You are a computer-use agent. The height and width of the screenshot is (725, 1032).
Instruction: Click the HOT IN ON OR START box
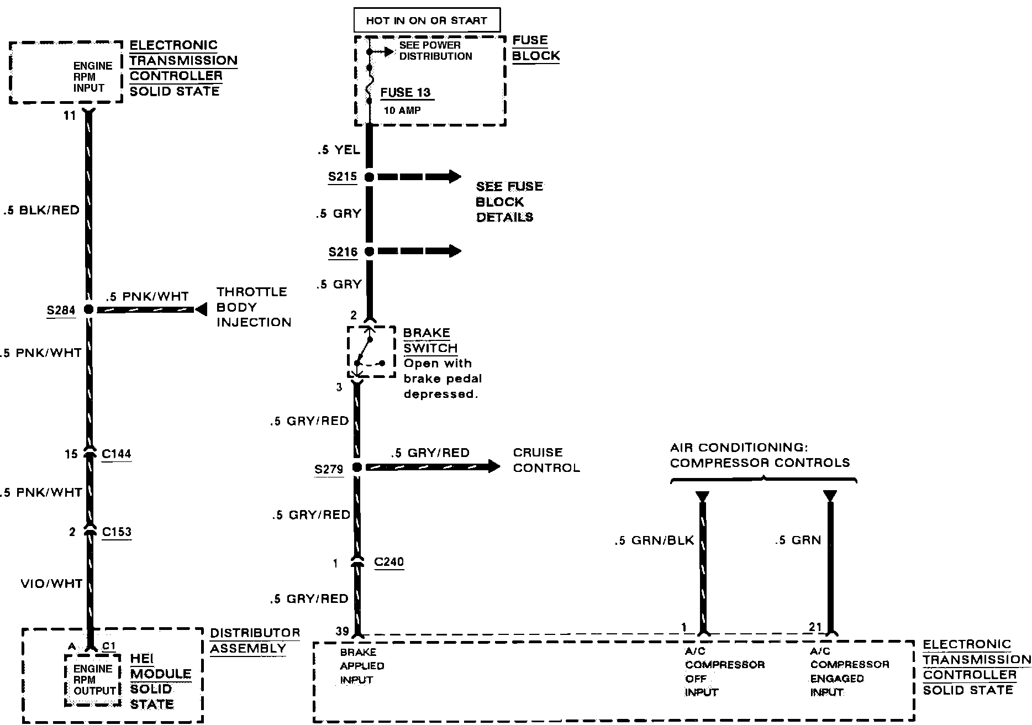[x=427, y=20]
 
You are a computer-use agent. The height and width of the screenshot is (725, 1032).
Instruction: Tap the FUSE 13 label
[x=406, y=92]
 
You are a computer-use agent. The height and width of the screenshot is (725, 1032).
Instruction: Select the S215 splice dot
[x=369, y=177]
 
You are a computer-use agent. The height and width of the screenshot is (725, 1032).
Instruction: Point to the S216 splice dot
[x=369, y=251]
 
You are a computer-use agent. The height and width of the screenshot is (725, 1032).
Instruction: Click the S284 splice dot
[x=88, y=309]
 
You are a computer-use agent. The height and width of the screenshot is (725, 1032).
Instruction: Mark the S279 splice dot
[x=357, y=467]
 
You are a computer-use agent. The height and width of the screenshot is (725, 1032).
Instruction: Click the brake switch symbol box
[x=371, y=352]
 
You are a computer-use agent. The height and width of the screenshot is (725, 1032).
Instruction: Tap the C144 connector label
[x=117, y=454]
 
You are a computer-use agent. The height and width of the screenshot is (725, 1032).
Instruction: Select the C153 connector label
[x=117, y=532]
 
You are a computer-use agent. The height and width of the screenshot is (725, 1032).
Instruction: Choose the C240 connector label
[x=389, y=562]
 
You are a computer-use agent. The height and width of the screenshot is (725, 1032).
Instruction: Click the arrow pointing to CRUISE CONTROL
[x=492, y=466]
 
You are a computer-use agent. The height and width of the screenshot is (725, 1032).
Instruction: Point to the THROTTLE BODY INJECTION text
[x=253, y=307]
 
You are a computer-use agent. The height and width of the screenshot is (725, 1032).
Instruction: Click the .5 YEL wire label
[x=339, y=150]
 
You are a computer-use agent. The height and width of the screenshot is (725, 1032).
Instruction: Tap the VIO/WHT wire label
[x=51, y=584]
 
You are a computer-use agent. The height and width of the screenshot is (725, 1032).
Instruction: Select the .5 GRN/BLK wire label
[x=654, y=540]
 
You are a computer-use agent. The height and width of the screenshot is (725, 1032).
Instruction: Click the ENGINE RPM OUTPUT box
[x=93, y=680]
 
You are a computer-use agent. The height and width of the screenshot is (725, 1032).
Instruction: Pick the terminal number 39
[x=342, y=632]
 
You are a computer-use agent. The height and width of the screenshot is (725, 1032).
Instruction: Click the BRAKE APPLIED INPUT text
[x=362, y=666]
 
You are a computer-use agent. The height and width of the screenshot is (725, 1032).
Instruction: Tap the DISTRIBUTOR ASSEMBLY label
[x=255, y=640]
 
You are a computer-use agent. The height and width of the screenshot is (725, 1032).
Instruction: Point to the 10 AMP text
[x=402, y=111]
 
